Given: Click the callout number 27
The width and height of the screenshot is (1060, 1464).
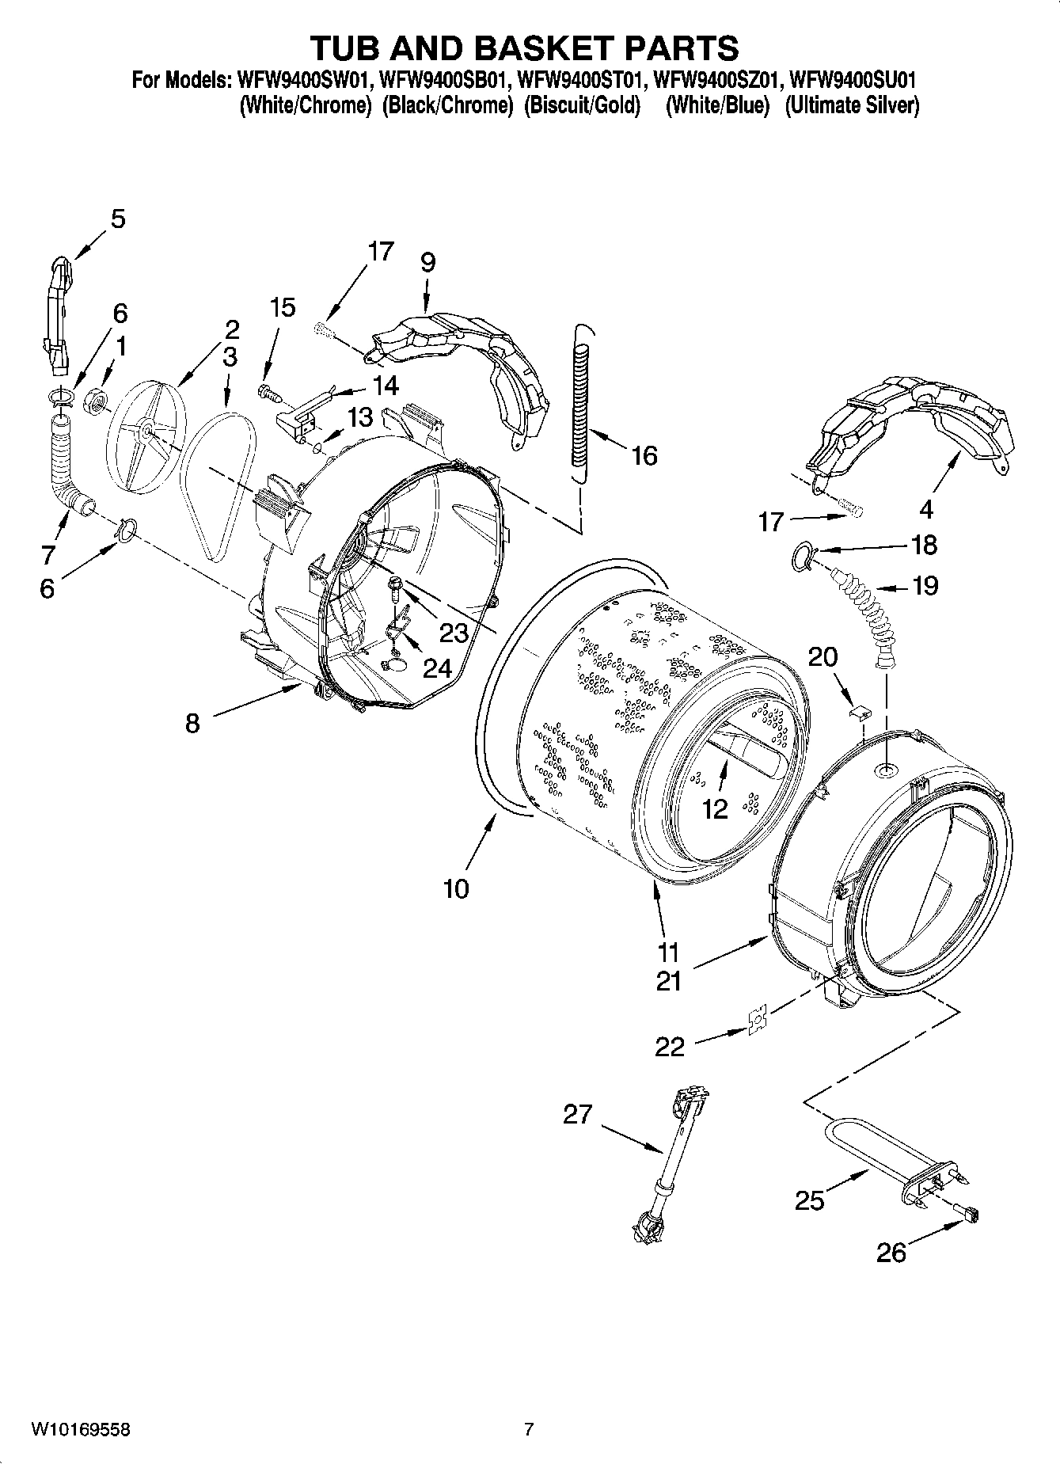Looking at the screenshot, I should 577,1114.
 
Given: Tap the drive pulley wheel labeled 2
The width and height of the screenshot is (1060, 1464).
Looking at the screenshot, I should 146,428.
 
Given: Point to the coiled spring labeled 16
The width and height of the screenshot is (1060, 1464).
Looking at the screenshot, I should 582,404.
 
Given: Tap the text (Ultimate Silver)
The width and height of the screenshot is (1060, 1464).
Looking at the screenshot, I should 852,105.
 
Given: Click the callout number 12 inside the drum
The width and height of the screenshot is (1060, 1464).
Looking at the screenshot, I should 714,808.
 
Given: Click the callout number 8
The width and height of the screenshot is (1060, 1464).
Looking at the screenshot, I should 192,722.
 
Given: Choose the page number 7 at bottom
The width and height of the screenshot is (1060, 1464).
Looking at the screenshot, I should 529,1429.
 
